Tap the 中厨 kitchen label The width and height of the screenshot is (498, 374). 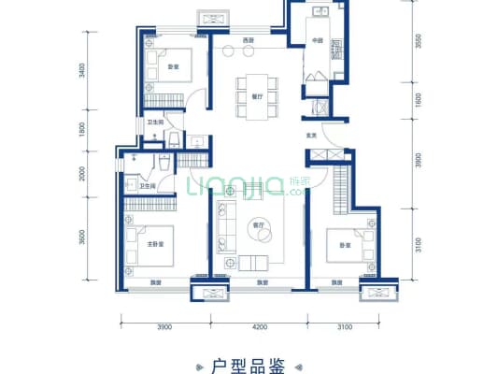coord(318,40)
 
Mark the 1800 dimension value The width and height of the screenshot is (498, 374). coord(83,132)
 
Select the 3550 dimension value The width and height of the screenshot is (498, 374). coord(394,42)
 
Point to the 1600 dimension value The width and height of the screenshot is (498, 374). coord(394,98)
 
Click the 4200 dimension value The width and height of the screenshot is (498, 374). coord(259,326)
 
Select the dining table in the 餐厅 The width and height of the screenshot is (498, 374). coord(256,97)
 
